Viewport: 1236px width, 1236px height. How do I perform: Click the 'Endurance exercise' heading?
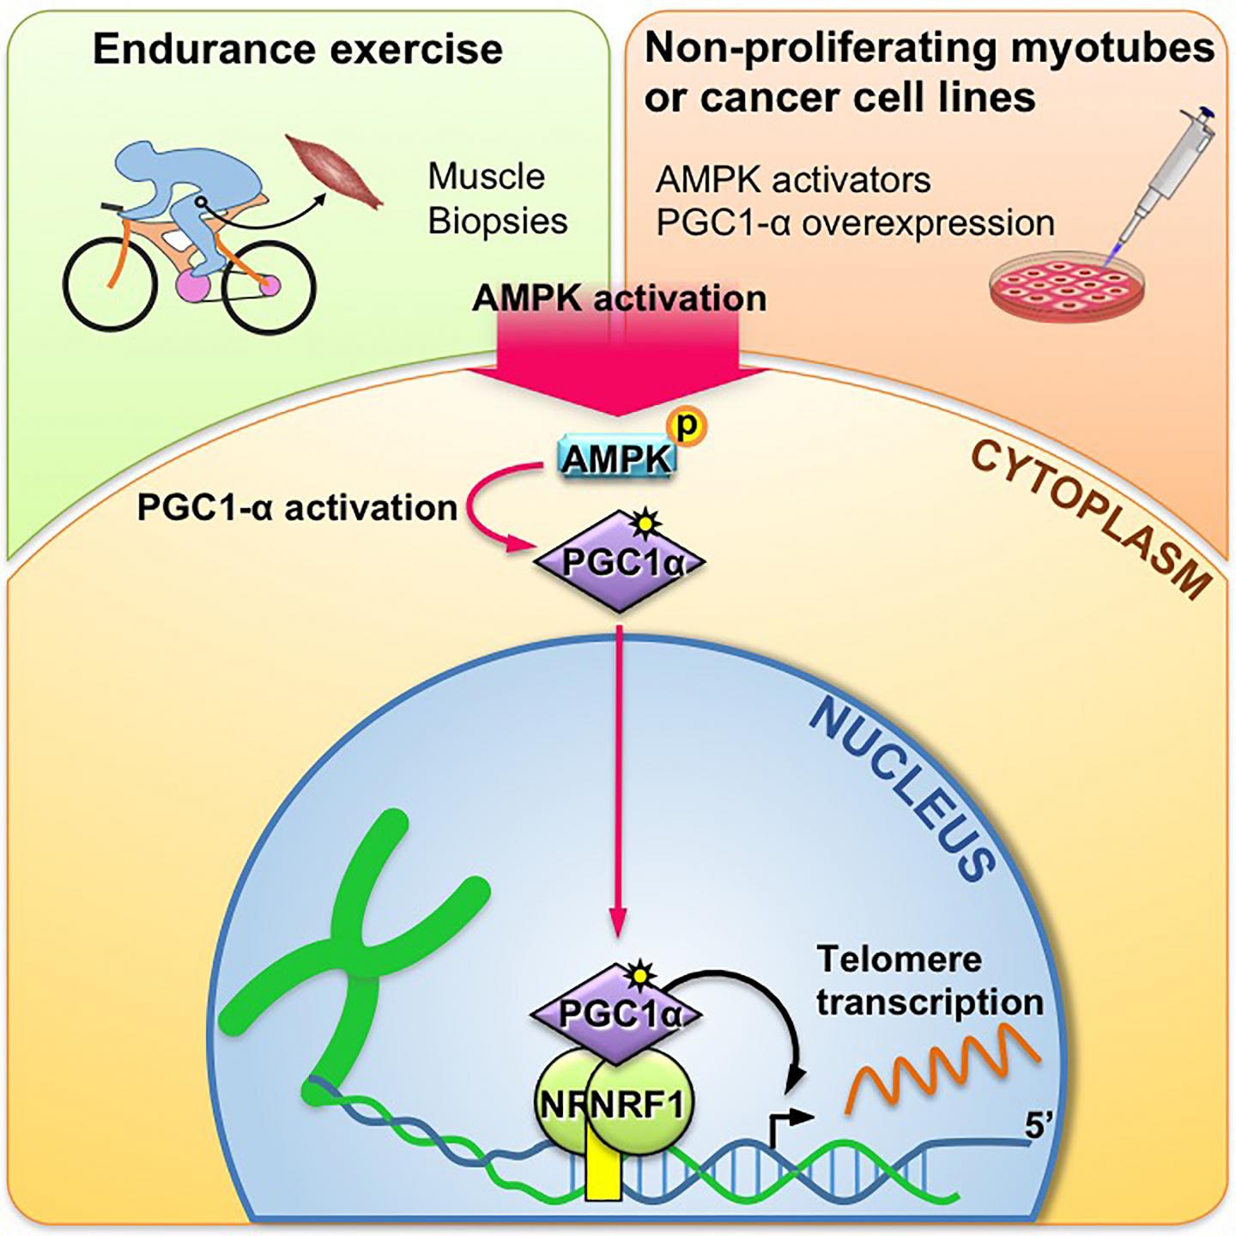(x=297, y=49)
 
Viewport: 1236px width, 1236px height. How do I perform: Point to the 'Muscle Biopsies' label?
(x=498, y=199)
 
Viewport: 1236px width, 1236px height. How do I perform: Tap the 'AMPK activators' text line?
(x=793, y=180)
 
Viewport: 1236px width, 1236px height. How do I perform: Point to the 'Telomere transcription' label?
(x=929, y=980)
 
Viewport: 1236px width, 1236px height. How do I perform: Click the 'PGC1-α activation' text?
(x=297, y=508)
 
